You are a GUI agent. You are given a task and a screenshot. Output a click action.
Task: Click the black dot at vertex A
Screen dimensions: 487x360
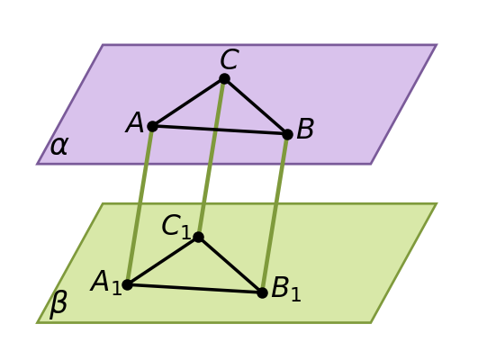[152, 126]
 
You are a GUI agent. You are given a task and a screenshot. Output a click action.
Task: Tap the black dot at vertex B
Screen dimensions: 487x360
[287, 134]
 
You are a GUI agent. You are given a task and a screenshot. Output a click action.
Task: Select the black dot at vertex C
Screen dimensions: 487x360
[224, 79]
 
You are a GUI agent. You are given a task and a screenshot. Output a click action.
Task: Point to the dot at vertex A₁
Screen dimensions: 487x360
[127, 284]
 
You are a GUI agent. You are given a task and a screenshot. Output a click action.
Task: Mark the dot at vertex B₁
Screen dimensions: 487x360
[263, 292]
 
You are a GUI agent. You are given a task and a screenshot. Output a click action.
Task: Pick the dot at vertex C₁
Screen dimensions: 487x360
[199, 238]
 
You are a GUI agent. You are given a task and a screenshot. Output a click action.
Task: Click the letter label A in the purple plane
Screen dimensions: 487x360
[134, 122]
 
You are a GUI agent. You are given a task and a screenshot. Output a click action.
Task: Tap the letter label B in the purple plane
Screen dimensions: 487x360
[305, 129]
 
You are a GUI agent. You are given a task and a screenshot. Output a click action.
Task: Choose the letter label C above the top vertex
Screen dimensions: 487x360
[230, 58]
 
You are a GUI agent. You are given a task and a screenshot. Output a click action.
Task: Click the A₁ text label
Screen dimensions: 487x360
[105, 283]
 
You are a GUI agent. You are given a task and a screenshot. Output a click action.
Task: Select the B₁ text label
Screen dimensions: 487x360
[286, 288]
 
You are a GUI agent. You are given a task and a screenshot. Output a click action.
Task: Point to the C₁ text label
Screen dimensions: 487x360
[176, 227]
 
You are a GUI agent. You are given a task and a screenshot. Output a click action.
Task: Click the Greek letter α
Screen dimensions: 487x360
[59, 146]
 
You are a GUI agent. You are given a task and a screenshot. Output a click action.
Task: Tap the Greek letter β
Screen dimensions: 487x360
[59, 305]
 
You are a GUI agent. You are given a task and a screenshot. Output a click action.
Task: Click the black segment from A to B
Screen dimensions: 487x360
[220, 130]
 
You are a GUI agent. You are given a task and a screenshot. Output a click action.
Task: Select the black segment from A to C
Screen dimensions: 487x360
[188, 103]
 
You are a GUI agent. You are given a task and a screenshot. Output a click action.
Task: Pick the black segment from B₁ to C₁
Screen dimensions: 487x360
[230, 265]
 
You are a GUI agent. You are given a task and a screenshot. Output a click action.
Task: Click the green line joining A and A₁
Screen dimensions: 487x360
[140, 205]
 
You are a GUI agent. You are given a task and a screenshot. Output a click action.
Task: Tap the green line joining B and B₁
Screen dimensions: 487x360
[275, 213]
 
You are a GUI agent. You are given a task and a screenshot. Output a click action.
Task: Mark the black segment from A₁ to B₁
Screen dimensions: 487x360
[195, 289]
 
